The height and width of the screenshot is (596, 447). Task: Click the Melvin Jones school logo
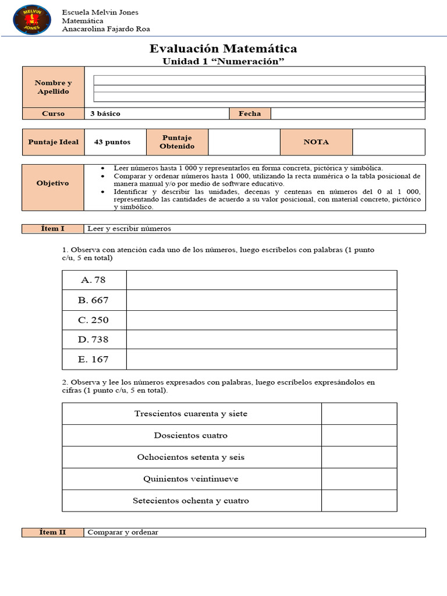coord(31,19)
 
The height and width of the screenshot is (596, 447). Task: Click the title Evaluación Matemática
coord(223,48)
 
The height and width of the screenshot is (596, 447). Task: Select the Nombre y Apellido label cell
coord(53,87)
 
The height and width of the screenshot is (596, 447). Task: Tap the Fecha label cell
coord(250,113)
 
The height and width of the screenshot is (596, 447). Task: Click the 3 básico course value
coord(105,113)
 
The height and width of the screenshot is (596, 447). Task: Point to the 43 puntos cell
coord(112,142)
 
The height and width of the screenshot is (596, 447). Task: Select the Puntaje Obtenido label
coord(177,142)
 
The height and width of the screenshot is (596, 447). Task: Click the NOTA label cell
coord(316,142)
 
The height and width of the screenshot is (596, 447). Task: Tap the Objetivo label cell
coord(53,183)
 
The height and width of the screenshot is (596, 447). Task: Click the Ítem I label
coord(53,229)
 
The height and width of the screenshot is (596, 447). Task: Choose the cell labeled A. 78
coord(94,280)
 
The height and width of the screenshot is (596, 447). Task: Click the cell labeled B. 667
coord(94,300)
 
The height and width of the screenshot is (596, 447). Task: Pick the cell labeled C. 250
coord(94,320)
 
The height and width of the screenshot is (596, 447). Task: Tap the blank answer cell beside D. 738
coord(261,340)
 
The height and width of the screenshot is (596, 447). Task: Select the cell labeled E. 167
coord(94,360)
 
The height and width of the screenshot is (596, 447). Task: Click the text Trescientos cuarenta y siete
coord(191,414)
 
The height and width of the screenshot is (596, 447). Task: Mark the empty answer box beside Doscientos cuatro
coord(359,435)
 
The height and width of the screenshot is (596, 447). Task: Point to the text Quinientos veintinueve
coord(191,479)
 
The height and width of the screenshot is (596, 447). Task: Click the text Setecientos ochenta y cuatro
coord(191,501)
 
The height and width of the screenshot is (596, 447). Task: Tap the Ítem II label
coord(53,532)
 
